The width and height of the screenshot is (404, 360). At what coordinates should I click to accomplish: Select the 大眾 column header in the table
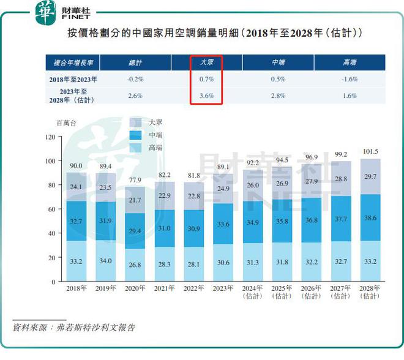(x=206, y=62)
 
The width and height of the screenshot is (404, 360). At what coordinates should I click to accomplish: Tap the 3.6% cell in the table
(x=206, y=96)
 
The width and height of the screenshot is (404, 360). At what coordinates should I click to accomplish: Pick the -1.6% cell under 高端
(x=350, y=80)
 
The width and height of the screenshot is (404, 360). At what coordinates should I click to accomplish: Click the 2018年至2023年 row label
(x=73, y=80)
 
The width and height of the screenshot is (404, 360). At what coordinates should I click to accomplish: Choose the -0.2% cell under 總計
(x=135, y=80)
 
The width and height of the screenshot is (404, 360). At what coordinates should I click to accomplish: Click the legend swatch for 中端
(x=137, y=135)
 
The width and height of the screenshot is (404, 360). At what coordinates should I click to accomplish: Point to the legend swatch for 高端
(x=137, y=148)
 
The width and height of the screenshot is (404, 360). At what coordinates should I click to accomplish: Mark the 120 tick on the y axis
(x=50, y=137)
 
